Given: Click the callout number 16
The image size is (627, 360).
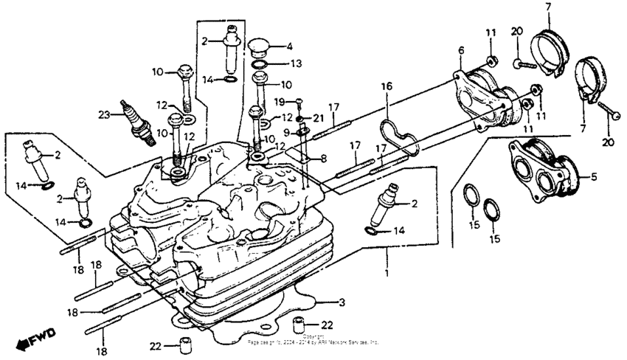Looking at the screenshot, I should (x=386, y=86).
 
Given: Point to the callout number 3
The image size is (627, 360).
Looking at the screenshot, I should (x=341, y=302).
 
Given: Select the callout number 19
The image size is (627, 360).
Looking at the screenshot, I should (x=280, y=101).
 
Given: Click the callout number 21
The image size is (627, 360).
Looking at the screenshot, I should (x=319, y=118).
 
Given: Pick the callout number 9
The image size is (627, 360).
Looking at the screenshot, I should (x=286, y=132).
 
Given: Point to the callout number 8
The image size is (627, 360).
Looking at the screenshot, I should (x=322, y=158).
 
